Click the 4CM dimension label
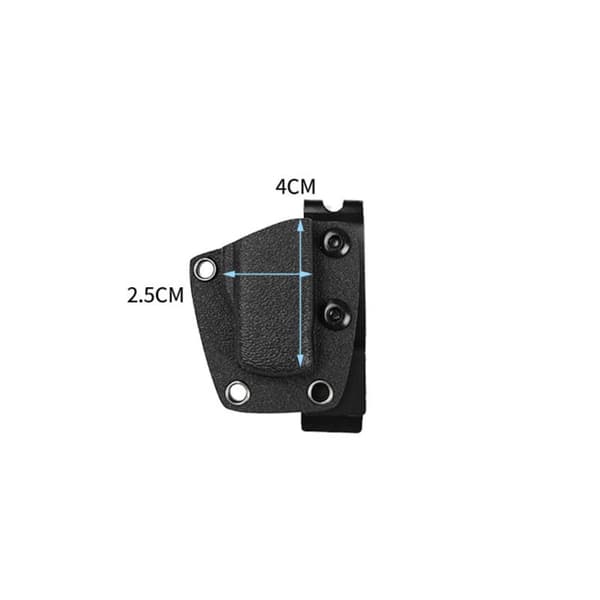coord(295,187)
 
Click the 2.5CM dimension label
coord(155,295)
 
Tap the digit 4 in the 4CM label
coord(281,187)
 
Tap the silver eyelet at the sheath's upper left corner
coord(205,269)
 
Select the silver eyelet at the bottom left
coord(238,392)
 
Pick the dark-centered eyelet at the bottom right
coord(320,391)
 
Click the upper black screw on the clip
coord(336,242)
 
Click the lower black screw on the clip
coord(338,315)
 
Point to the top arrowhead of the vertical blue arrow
coord(301,227)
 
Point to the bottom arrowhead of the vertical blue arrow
coord(301,359)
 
